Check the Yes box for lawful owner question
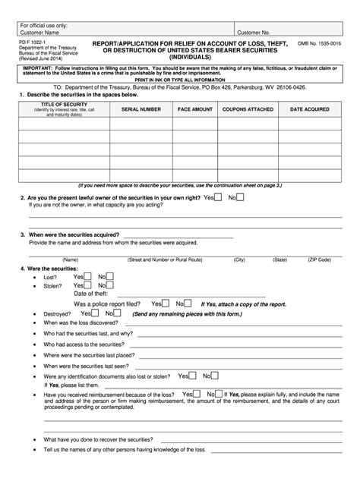218,197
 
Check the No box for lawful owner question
240,197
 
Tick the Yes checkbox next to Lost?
88,276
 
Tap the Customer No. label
254,33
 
